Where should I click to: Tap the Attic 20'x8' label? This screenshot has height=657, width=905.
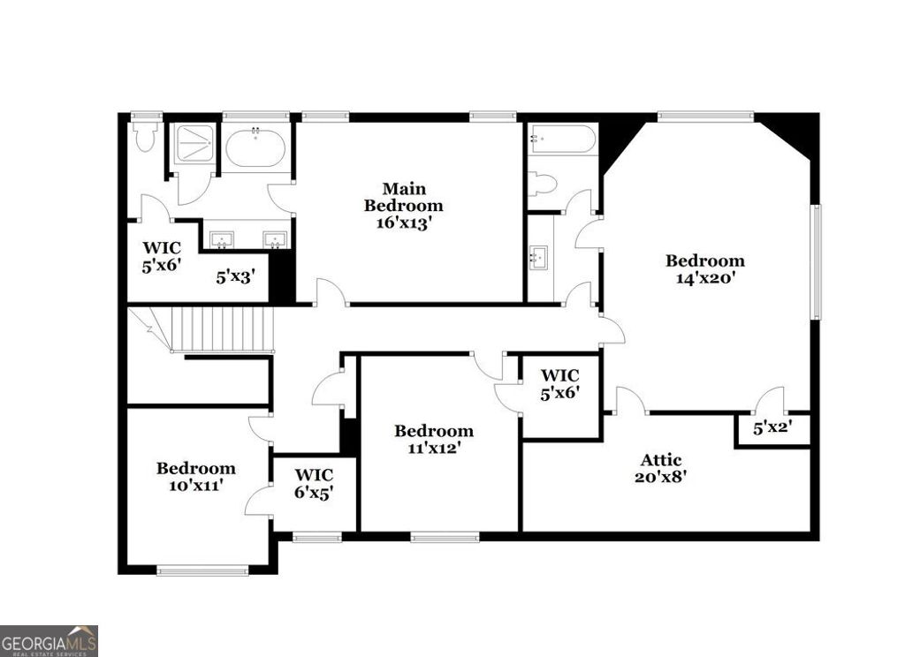click(661, 468)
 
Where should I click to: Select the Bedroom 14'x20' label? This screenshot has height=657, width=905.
click(704, 268)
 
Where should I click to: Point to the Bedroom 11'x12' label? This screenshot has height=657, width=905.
click(433, 439)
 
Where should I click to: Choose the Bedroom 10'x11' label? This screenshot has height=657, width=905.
click(196, 476)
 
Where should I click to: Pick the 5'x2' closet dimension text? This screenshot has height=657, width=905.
click(772, 429)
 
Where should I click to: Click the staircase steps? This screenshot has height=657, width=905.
click(221, 328)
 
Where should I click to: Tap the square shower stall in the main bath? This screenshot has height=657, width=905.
click(194, 144)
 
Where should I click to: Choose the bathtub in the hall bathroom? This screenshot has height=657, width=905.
click(562, 140)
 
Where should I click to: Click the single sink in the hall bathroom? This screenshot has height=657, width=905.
click(537, 258)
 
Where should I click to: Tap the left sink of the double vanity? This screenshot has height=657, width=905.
click(221, 238)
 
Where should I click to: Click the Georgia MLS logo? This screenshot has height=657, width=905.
click(49, 640)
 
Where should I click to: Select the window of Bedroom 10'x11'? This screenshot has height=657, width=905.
click(202, 571)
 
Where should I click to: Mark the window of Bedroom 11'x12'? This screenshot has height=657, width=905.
click(445, 537)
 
